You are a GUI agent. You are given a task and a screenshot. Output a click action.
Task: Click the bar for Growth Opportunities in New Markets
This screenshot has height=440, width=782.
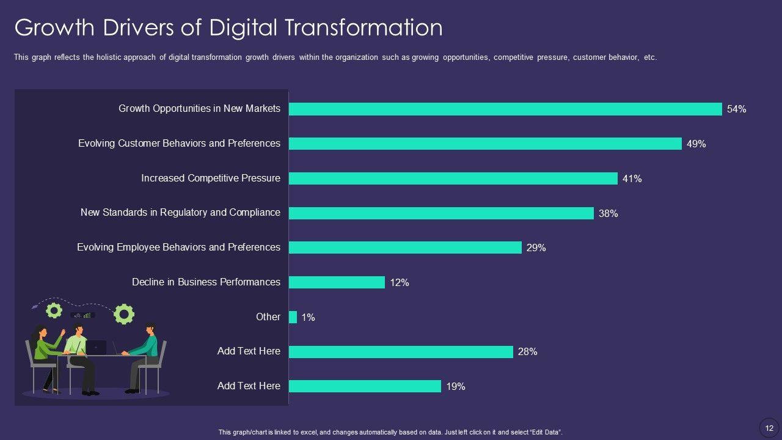(x=505, y=109)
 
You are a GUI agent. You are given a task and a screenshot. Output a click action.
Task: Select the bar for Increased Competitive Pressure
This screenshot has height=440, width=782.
(x=453, y=178)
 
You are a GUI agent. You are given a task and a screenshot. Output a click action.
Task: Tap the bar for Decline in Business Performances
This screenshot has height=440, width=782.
(x=337, y=282)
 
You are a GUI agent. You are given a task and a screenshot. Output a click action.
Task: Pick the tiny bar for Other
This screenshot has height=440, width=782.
(x=293, y=317)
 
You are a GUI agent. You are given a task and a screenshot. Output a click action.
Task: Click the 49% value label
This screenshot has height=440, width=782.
(x=696, y=144)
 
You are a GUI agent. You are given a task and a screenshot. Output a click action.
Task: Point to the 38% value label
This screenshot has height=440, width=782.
(x=608, y=213)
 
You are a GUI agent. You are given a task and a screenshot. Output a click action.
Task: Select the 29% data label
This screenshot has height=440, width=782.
(x=536, y=248)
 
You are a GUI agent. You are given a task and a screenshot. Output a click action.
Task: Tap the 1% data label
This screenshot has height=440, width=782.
(x=309, y=317)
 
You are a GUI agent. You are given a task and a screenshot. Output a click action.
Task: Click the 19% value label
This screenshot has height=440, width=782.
(x=456, y=386)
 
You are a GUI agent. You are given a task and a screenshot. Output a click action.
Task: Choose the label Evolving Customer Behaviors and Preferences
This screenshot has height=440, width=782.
(x=179, y=143)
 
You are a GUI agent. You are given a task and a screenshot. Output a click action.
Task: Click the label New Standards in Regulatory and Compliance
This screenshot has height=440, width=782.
(x=180, y=212)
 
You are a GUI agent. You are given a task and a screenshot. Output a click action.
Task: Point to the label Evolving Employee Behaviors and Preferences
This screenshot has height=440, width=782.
(x=178, y=247)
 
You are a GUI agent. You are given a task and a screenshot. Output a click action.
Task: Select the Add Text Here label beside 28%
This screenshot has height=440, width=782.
(x=249, y=351)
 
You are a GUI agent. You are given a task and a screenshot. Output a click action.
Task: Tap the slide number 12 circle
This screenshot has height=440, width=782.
(x=769, y=427)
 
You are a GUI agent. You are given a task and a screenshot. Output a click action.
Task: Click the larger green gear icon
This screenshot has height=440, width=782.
(x=124, y=313)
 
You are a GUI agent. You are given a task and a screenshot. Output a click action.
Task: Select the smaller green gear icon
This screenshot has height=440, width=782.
(x=54, y=310)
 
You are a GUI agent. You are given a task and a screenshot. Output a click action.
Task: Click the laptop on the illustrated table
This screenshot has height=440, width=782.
(x=97, y=347)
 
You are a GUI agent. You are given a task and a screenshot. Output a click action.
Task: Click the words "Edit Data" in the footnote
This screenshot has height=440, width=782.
(x=545, y=432)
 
